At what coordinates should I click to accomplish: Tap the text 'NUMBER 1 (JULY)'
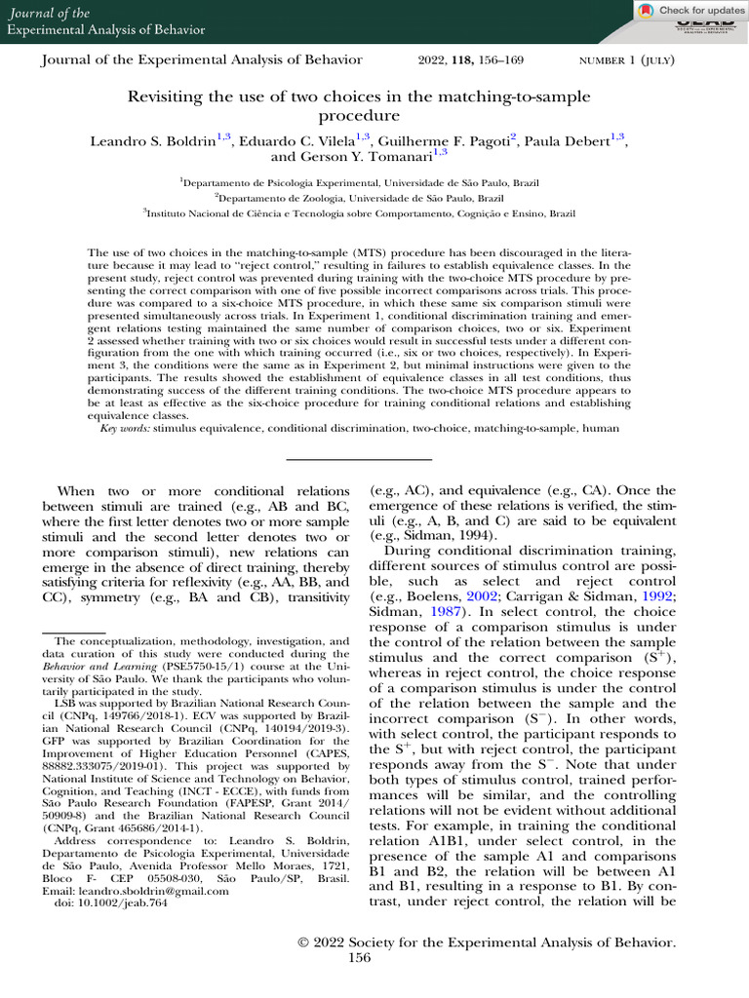pyautogui.click(x=629, y=60)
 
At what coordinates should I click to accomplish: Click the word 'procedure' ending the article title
pyautogui.click(x=374, y=115)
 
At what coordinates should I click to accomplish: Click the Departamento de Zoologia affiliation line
pyautogui.click(x=374, y=196)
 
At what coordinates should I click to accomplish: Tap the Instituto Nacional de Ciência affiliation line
pyautogui.click(x=374, y=211)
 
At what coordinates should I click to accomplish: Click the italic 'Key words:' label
pyautogui.click(x=126, y=427)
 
